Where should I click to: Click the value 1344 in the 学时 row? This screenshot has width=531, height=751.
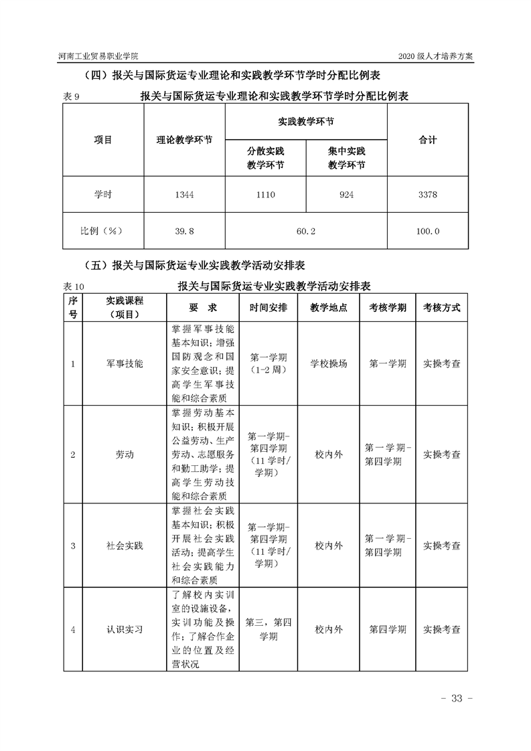[x=183, y=195]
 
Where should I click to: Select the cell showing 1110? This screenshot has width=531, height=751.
[x=265, y=195]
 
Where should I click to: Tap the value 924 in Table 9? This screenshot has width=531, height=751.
[x=346, y=195]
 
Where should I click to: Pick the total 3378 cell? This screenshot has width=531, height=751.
[x=427, y=195]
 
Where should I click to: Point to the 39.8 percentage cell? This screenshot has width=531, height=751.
[x=183, y=231]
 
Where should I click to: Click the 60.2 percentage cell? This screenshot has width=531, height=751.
[x=305, y=231]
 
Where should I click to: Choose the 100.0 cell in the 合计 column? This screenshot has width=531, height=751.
[x=427, y=231]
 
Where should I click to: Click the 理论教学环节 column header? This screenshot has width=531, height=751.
[x=184, y=141]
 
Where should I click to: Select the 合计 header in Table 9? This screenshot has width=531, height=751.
[x=427, y=140]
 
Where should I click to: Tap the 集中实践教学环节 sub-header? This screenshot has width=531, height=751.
[x=346, y=158]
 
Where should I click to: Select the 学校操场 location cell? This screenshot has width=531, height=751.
[x=329, y=363]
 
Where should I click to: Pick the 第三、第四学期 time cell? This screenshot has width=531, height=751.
[x=269, y=629]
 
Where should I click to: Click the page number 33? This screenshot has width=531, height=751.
[x=457, y=698]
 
